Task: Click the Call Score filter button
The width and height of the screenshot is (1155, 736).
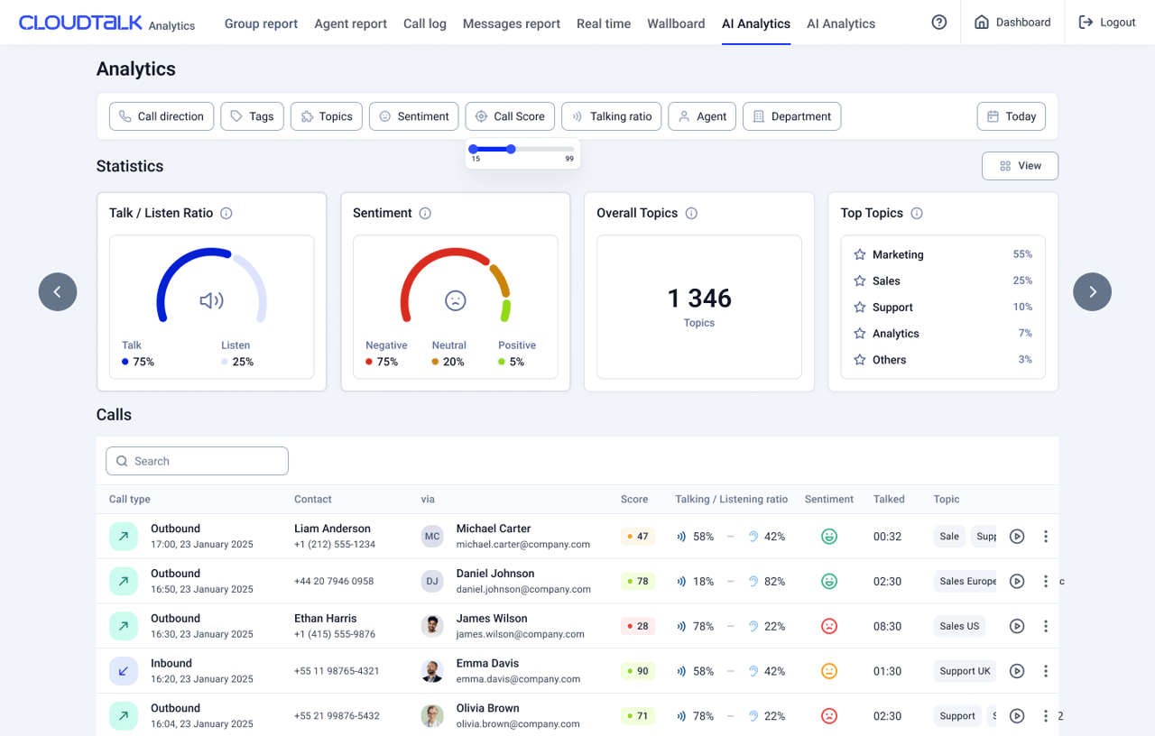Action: coord(510,116)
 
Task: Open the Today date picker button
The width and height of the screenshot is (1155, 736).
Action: coord(1011,116)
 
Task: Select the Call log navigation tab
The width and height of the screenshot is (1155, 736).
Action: coord(424,23)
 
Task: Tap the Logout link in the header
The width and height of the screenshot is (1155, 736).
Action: coord(1106,23)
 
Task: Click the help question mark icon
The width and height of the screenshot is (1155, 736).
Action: coord(939,23)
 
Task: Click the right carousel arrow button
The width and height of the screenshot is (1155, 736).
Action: coord(1092,291)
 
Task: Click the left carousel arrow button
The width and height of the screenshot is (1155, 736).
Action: coord(58,291)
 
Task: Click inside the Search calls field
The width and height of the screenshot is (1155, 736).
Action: coord(197,461)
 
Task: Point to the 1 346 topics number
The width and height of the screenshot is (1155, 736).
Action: coord(699,299)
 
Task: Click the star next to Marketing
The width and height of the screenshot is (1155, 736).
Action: coord(860,254)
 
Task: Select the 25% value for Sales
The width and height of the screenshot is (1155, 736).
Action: coord(1022,281)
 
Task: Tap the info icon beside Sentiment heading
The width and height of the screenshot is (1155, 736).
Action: coord(425,214)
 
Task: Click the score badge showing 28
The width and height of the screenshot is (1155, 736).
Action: coord(638,626)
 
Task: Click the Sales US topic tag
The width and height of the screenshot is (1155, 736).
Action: coord(959,626)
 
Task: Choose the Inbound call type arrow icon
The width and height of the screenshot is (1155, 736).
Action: coord(124,671)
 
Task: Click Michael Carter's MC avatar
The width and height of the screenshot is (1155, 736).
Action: coord(432,537)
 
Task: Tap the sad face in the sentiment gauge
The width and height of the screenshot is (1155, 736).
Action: coord(456,300)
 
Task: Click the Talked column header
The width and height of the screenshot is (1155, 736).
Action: coord(889,499)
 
